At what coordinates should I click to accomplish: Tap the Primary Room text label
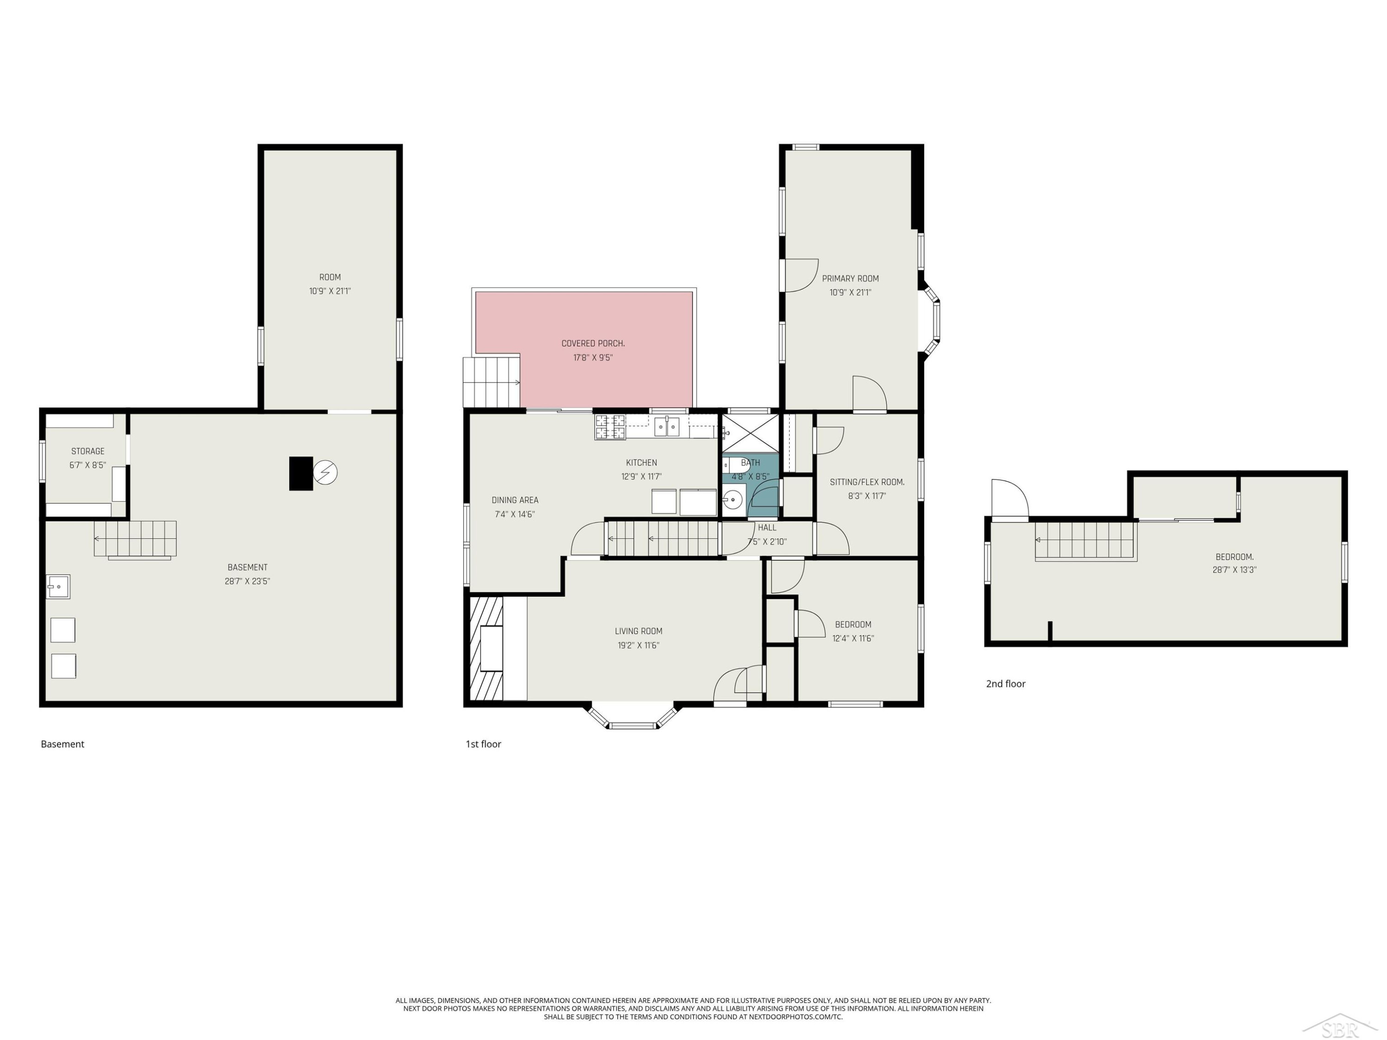(850, 278)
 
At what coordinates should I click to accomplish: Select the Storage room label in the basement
(88, 451)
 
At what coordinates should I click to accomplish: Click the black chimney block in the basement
(301, 473)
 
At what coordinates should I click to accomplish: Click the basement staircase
(135, 539)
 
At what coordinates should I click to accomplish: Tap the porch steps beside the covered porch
(491, 382)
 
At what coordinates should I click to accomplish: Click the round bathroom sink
(732, 500)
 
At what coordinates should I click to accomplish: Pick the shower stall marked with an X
(750, 433)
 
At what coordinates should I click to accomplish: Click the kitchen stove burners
(610, 427)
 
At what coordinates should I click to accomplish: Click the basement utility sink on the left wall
(58, 587)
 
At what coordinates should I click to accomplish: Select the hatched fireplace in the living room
(486, 648)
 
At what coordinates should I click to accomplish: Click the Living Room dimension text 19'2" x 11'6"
(638, 645)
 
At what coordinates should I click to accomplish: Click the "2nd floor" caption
(1006, 684)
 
